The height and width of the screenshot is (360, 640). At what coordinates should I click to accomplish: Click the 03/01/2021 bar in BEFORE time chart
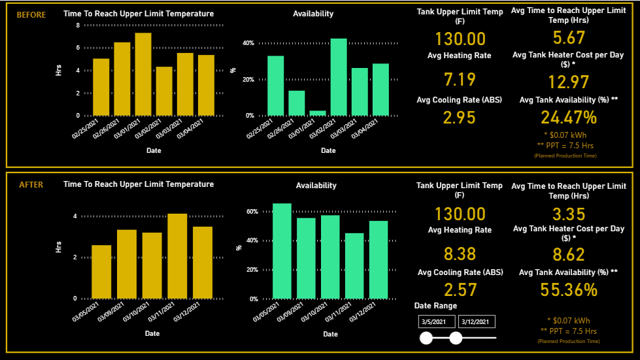click(x=143, y=74)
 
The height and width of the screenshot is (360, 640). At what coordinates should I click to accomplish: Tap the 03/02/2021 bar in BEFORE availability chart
click(x=339, y=77)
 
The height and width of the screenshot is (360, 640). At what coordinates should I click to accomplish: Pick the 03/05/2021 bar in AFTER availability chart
click(x=282, y=251)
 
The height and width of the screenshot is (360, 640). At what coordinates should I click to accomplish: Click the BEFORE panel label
click(x=31, y=14)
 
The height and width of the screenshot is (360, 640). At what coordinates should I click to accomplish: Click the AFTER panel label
click(x=31, y=185)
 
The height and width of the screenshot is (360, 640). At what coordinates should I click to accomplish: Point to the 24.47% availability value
click(x=568, y=118)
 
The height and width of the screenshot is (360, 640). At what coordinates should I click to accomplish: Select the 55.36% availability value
click(x=568, y=290)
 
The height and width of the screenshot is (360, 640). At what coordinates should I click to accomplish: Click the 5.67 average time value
click(x=568, y=38)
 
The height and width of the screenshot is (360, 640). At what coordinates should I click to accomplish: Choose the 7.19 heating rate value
click(x=460, y=80)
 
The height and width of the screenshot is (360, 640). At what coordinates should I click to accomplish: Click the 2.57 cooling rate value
click(x=460, y=290)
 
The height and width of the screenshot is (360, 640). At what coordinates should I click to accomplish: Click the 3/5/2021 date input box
click(x=436, y=321)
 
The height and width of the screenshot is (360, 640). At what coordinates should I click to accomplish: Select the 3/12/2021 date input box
click(x=477, y=321)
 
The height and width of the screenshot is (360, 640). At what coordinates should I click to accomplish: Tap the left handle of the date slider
click(x=426, y=338)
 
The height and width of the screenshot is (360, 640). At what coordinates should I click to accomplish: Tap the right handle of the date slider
click(x=456, y=338)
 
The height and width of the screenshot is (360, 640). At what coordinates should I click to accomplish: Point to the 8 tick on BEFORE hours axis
click(x=78, y=25)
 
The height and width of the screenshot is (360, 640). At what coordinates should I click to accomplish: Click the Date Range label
click(x=435, y=306)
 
